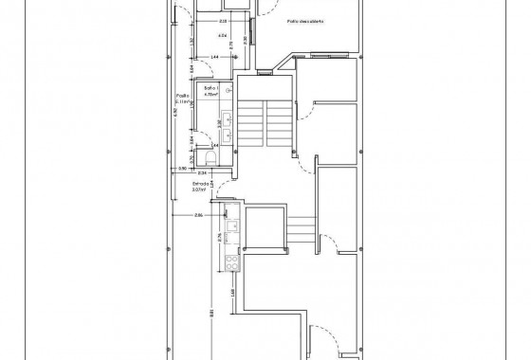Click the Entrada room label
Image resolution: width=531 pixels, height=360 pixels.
[201, 184]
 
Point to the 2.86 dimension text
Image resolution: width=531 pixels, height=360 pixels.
[199, 216]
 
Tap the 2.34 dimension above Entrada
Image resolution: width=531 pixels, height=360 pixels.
[201, 173]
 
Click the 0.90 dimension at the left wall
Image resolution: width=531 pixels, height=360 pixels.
[182, 169]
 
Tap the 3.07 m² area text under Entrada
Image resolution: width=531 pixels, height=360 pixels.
[199, 190]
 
